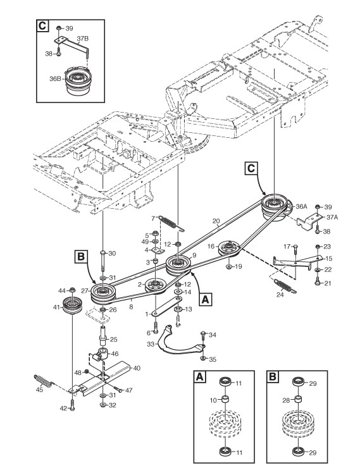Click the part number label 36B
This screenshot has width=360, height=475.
tap(56, 79)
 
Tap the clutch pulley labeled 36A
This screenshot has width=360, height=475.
tap(275, 207)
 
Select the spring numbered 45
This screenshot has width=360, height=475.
tap(44, 380)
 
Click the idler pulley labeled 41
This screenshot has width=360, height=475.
tap(72, 305)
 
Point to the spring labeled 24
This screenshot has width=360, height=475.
tap(285, 287)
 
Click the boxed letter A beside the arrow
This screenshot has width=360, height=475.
tap(206, 299)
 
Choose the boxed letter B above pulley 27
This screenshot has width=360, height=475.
tap(81, 257)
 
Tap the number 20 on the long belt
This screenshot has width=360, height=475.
tap(216, 221)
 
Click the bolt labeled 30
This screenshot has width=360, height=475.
tap(102, 261)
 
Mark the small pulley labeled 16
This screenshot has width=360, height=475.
tap(229, 249)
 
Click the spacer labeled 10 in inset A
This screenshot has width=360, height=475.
tap(225, 400)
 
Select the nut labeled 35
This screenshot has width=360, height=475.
tap(202, 359)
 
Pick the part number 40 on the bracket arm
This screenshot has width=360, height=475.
tap(137, 368)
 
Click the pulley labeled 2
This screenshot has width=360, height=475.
tap(156, 286)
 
